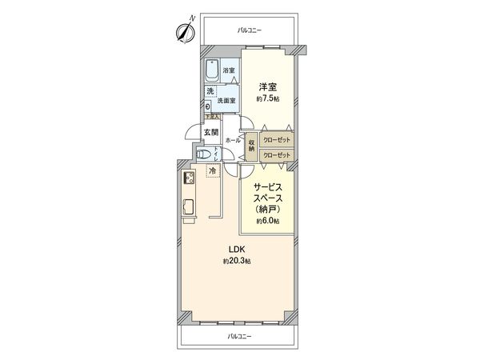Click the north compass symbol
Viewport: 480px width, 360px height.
point(184,32)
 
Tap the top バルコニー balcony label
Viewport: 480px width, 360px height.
point(250,30)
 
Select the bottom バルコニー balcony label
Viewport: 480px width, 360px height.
point(239,337)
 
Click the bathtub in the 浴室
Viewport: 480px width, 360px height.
point(212,71)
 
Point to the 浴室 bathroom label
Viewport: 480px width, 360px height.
point(229,71)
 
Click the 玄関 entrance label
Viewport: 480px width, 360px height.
point(210,132)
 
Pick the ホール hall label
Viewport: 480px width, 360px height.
point(233,140)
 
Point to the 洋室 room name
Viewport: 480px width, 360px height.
point(268,86)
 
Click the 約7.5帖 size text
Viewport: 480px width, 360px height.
point(268,99)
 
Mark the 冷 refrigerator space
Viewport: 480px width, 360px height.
point(213,170)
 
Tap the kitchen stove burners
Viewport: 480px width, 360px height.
point(191,178)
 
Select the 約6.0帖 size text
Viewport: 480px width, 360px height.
point(267,221)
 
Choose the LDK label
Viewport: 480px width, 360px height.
point(237,249)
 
